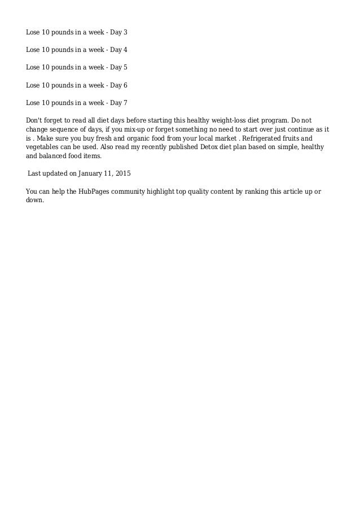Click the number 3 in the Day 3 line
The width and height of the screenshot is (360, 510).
click(x=126, y=32)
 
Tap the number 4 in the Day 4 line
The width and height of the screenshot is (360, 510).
click(x=126, y=50)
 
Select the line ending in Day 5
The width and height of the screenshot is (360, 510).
click(x=77, y=67)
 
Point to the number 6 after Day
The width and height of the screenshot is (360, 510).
click(x=126, y=85)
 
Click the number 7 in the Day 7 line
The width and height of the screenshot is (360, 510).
click(x=126, y=102)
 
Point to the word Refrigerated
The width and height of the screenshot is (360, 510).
click(x=262, y=138)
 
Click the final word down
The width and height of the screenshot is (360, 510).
click(x=34, y=200)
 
